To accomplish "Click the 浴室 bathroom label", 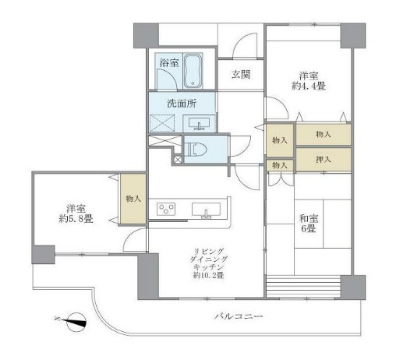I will coord(168,63).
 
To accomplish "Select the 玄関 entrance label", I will coord(240,75).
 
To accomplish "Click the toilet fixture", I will coord(194,148).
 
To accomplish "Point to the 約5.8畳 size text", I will coord(76,220).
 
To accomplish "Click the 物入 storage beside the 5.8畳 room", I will coord(133,199).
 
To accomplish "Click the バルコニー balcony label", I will coord(239,317).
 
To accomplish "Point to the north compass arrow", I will coord(73,319).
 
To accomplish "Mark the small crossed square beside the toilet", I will coord(177,159).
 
